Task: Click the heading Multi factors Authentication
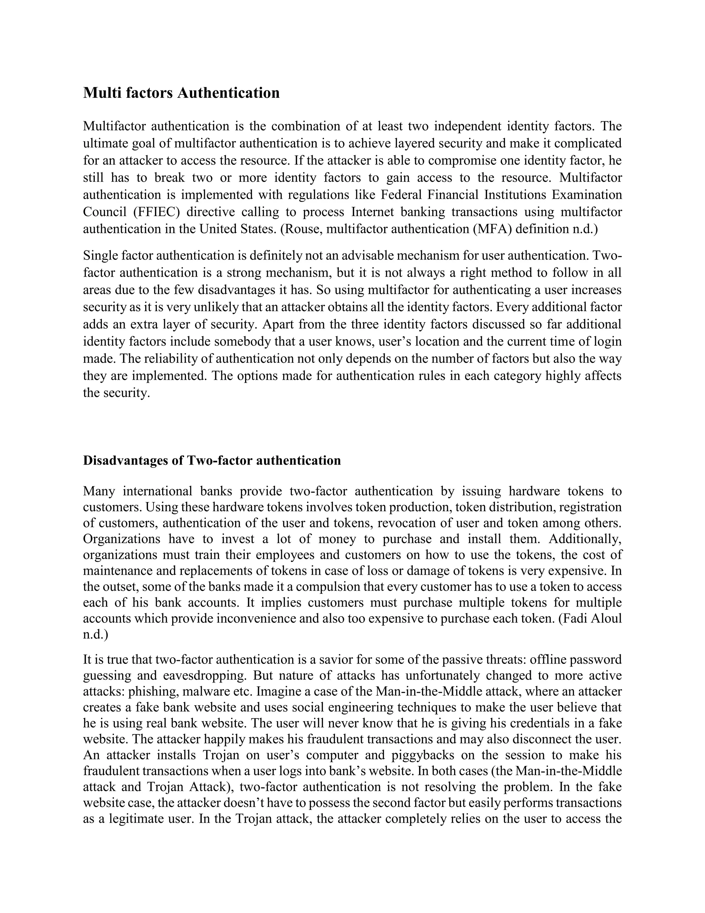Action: (x=181, y=93)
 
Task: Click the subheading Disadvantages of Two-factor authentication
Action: (x=212, y=460)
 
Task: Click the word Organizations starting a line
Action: (x=122, y=539)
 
